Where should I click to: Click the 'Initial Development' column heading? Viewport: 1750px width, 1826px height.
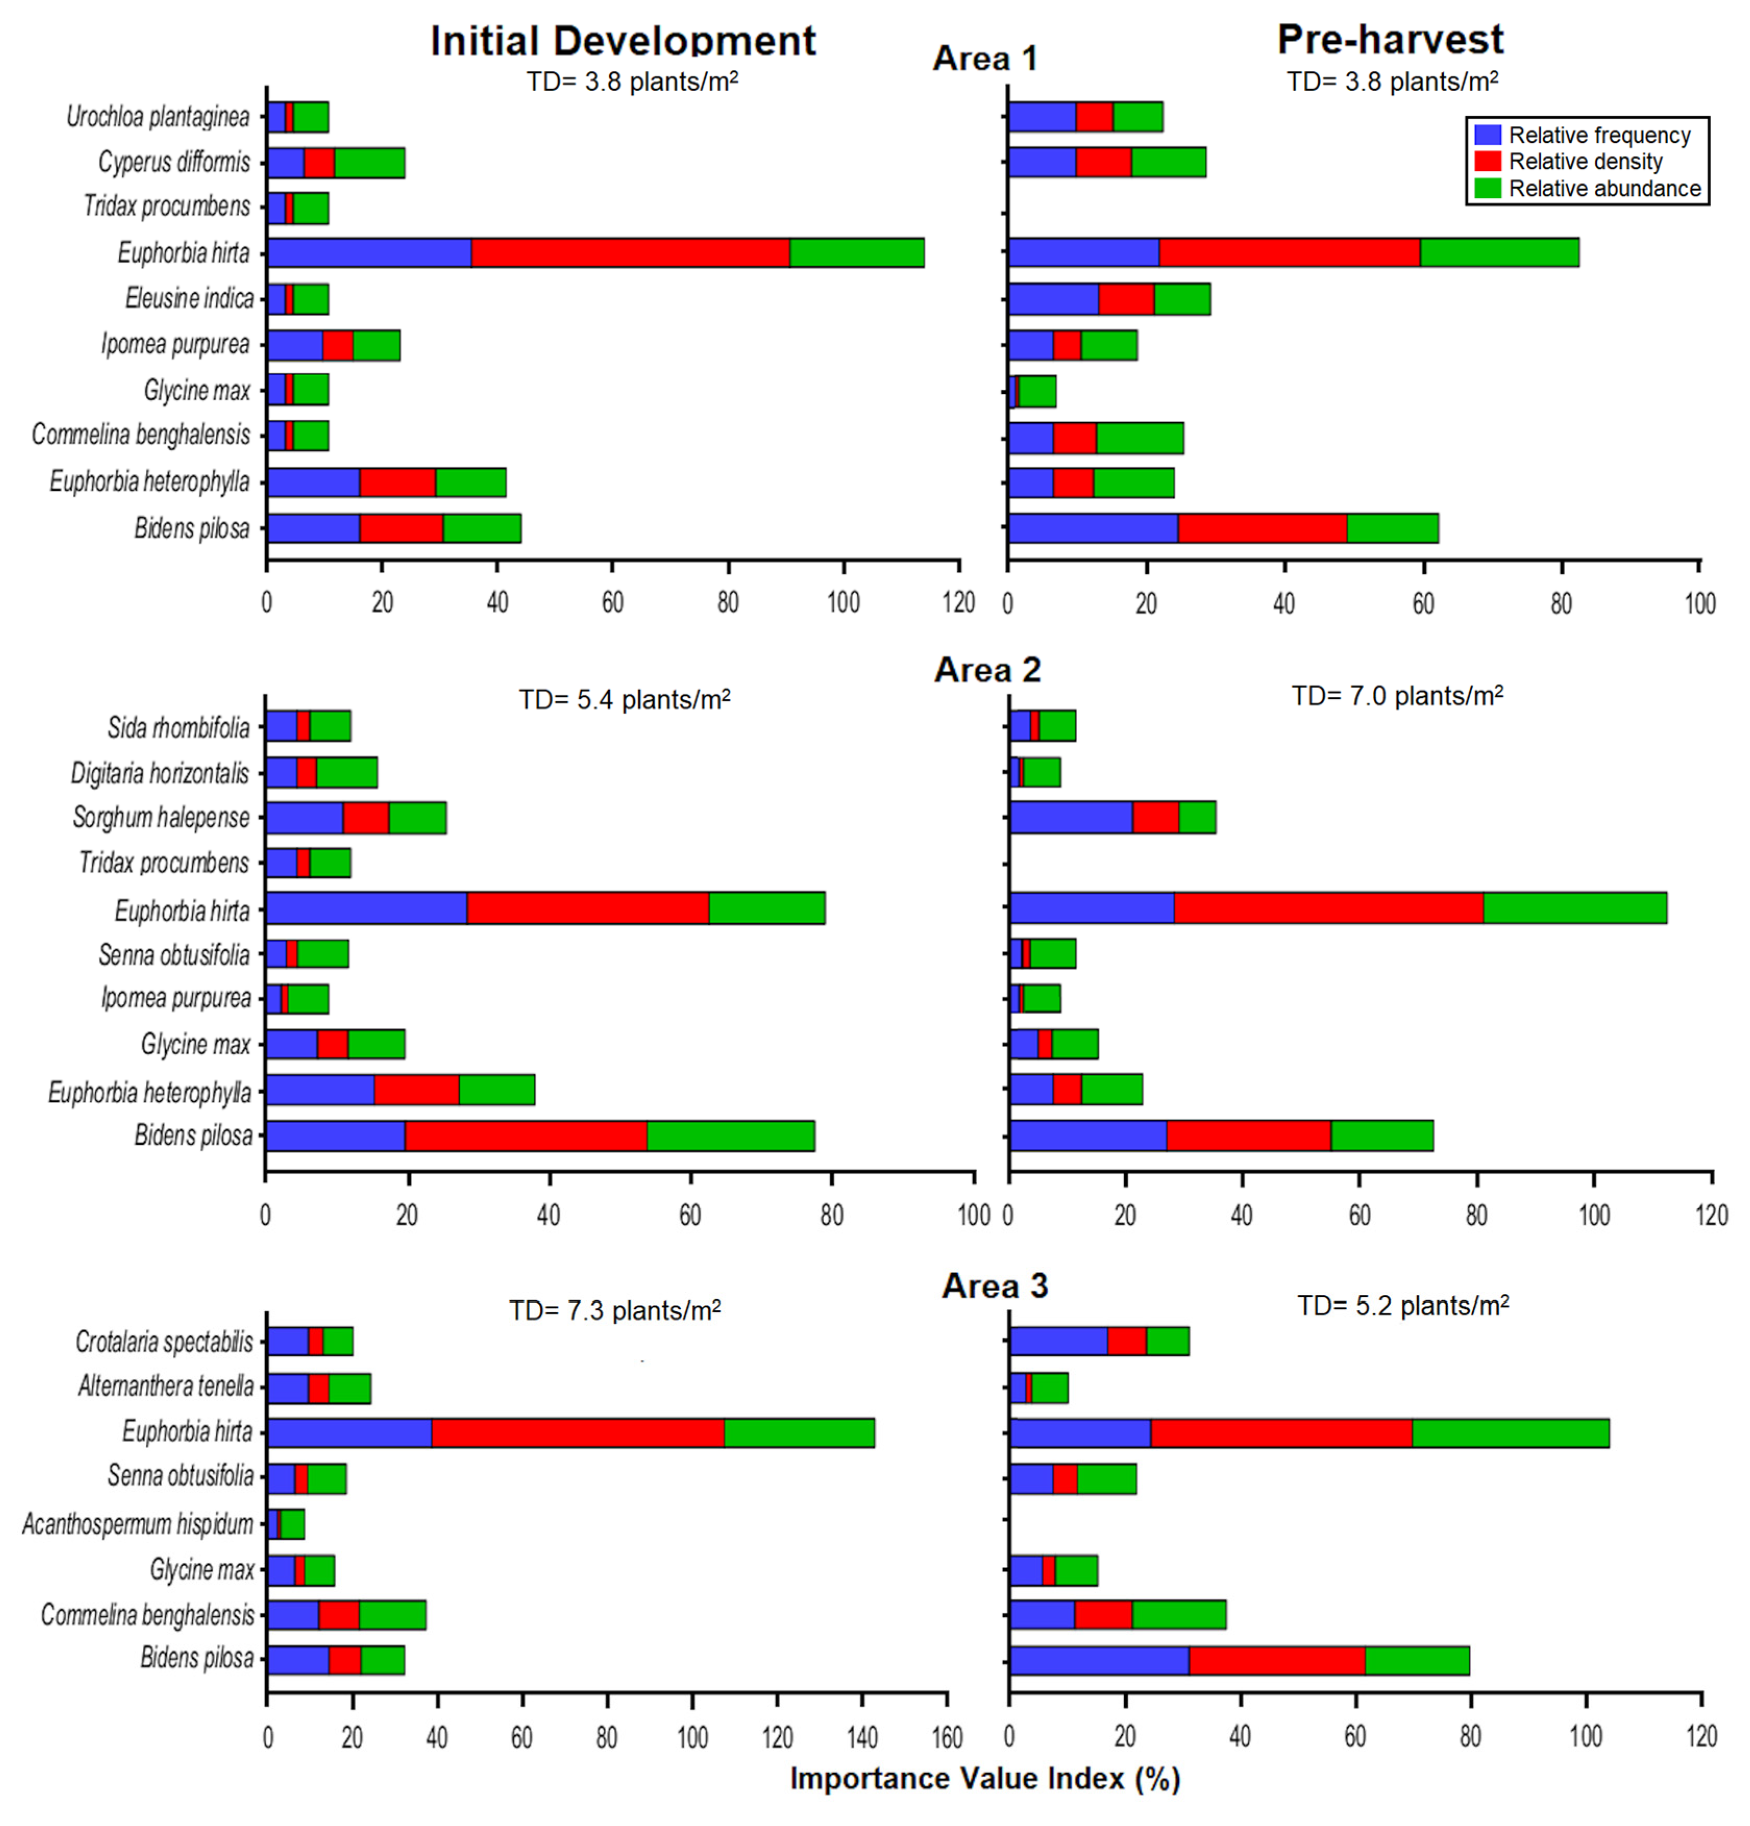622,41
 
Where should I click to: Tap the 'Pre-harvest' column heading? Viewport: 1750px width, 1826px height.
1389,39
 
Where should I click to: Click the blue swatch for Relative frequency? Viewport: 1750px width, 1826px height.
1488,135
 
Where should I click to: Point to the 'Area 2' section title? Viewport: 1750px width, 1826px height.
987,670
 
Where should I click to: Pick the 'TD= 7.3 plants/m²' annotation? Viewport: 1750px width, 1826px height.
614,1311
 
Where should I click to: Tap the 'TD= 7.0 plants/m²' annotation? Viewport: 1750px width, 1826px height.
1397,696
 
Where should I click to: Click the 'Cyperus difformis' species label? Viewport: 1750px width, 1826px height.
174,162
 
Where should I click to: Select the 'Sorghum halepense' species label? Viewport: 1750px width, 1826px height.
161,817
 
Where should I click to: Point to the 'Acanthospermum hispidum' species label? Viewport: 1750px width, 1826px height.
138,1524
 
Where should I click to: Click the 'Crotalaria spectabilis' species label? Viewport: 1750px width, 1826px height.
164,1341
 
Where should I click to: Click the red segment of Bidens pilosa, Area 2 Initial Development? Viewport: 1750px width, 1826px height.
525,1136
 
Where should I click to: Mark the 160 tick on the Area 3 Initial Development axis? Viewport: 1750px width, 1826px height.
947,1736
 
